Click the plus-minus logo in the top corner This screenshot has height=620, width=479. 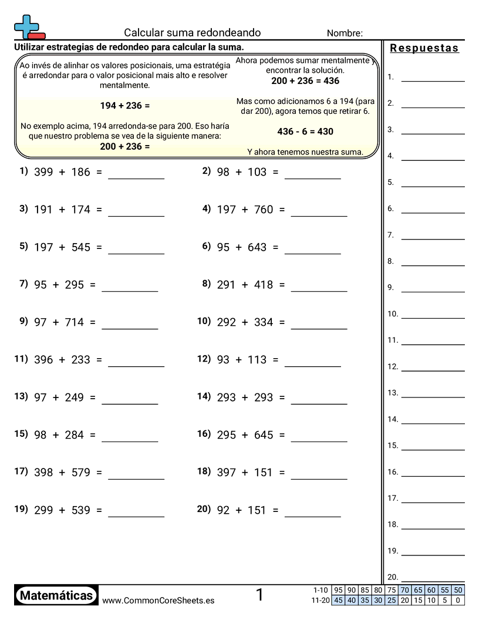(x=29, y=27)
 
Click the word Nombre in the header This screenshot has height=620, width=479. (x=344, y=33)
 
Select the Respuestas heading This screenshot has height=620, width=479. (x=424, y=48)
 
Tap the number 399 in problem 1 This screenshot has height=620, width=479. (x=43, y=172)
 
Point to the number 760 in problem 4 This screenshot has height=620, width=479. (x=264, y=210)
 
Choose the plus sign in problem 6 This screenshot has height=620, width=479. (x=239, y=247)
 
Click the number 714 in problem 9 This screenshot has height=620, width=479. (x=75, y=322)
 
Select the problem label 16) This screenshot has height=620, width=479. (x=204, y=434)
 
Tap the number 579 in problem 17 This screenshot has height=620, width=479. (x=81, y=473)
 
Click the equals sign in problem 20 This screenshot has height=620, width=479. (x=275, y=510)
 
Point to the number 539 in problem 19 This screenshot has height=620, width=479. (x=81, y=510)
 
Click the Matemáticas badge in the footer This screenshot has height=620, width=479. (x=56, y=595)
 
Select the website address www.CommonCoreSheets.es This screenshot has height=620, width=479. (x=158, y=600)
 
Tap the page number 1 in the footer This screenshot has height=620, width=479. (x=259, y=595)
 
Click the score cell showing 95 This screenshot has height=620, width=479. (x=338, y=590)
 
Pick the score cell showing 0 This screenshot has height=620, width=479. (x=458, y=600)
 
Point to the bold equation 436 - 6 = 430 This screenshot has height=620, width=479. (x=305, y=132)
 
